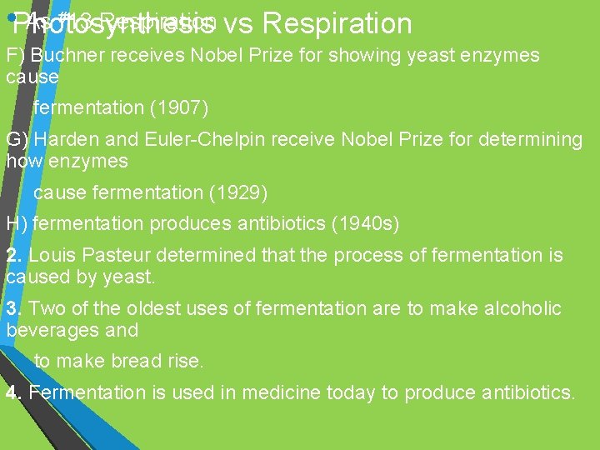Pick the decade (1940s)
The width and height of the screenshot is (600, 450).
point(367,223)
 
